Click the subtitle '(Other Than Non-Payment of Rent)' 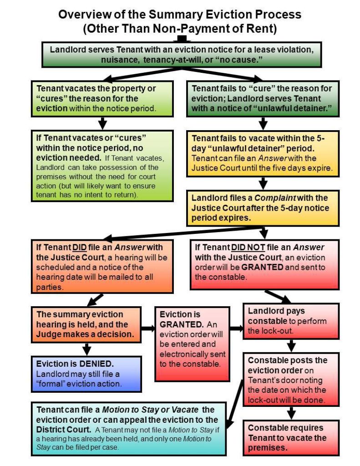(180, 30)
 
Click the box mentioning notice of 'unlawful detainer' (264, 98)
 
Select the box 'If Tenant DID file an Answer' (102, 266)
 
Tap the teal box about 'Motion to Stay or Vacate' (129, 428)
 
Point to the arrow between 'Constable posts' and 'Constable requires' (292, 413)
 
